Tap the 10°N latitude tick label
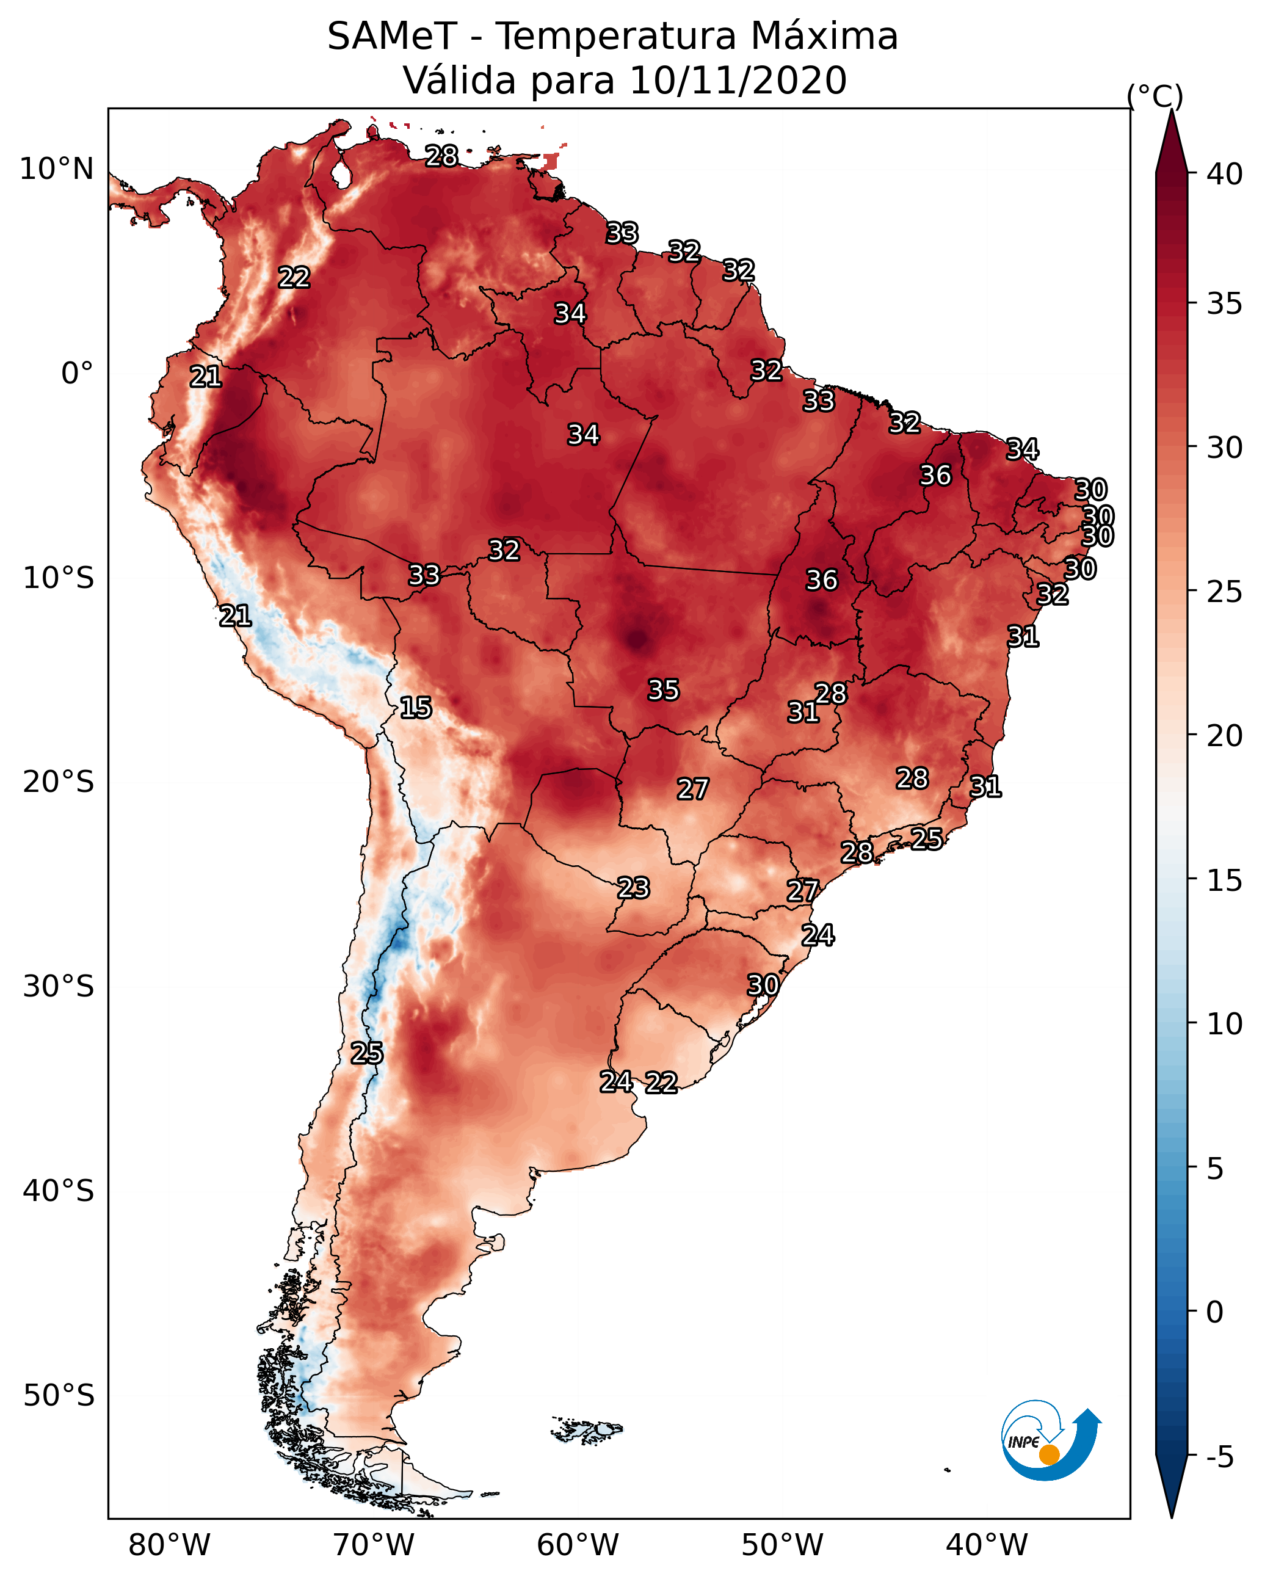(56, 169)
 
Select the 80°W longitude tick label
(169, 1545)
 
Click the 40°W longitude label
(986, 1545)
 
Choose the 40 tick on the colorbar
(1224, 174)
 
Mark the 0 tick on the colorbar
(1214, 1312)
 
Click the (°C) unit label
(1155, 96)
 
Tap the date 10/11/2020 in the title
(738, 80)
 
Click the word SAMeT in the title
(393, 36)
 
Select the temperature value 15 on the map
(415, 708)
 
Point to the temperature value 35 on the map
(664, 690)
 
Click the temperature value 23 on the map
(633, 888)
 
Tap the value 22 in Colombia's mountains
(294, 278)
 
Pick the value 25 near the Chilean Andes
(366, 1053)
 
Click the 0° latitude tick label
(77, 374)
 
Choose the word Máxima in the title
(824, 36)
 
